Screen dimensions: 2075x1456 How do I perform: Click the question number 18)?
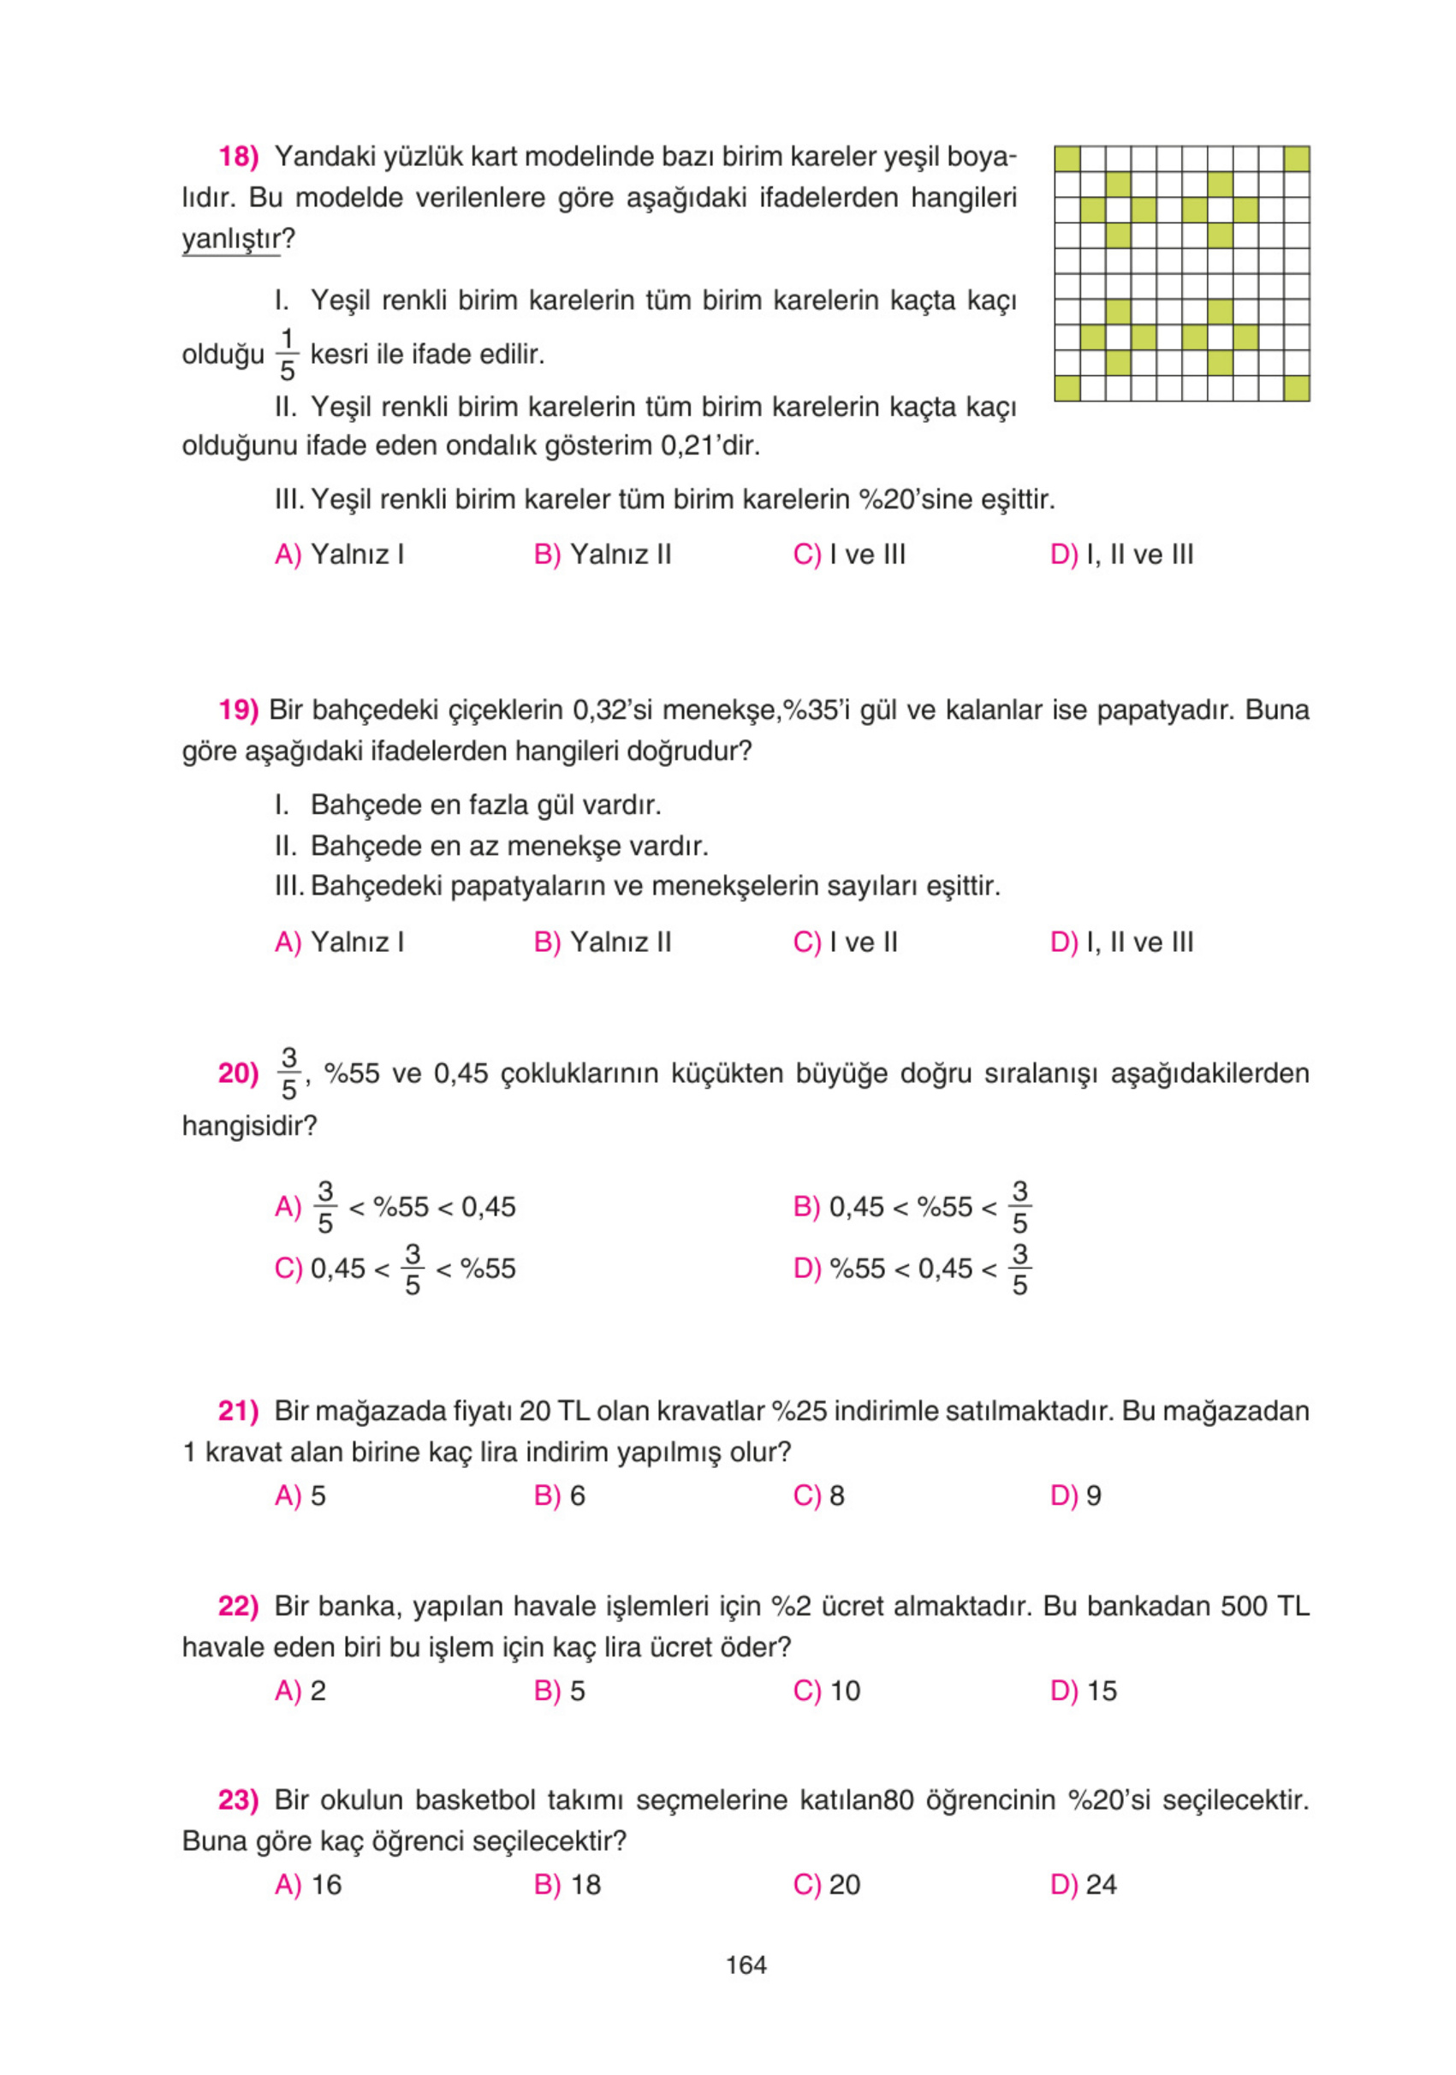239,157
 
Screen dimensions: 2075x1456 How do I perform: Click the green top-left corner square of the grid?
1067,159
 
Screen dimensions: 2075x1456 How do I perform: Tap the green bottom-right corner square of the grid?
1296,388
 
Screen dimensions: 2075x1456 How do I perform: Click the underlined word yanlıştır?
231,240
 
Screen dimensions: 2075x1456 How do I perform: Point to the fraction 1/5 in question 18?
288,354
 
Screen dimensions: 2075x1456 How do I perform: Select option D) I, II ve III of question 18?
1121,554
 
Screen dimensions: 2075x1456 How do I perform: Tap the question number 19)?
239,710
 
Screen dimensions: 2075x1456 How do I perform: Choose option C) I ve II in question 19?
845,942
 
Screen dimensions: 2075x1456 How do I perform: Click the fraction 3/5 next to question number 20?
289,1073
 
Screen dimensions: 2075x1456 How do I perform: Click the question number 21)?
239,1411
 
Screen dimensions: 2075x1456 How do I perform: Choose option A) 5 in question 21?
300,1495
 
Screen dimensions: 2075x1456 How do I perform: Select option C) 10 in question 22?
826,1691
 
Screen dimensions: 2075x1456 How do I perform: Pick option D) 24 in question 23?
1084,1884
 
